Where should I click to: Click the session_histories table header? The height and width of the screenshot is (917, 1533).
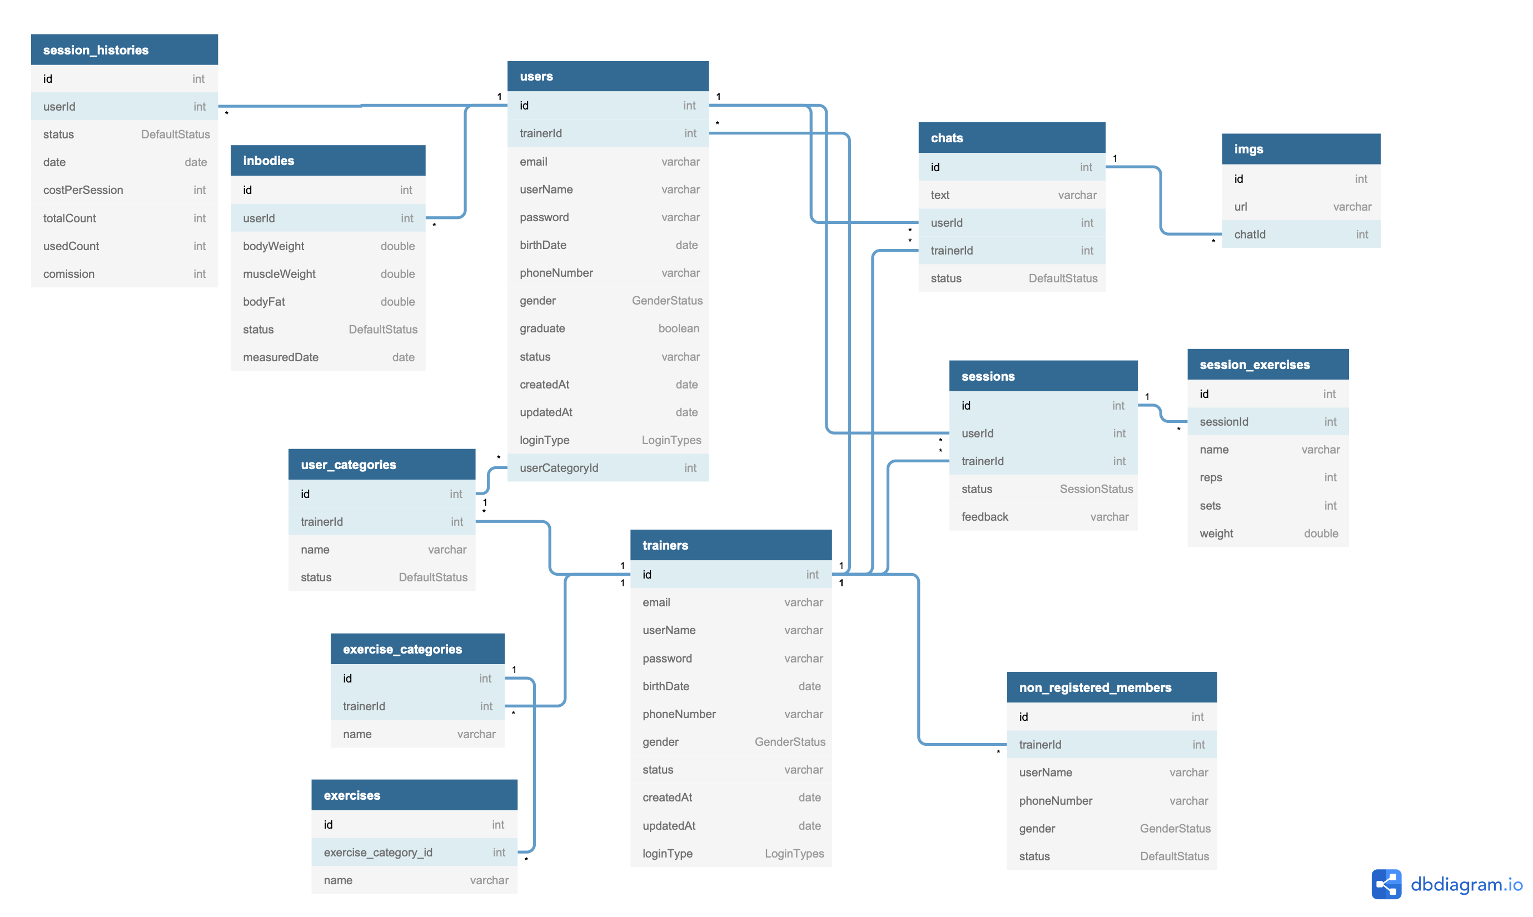click(124, 49)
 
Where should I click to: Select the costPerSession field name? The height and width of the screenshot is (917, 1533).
click(83, 190)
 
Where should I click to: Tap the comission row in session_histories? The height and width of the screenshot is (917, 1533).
click(124, 274)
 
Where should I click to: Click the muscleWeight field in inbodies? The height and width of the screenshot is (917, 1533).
click(327, 274)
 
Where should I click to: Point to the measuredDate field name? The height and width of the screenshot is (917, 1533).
click(281, 357)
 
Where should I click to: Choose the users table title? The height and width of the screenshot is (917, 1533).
click(536, 76)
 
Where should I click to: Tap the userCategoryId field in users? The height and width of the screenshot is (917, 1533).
click(608, 468)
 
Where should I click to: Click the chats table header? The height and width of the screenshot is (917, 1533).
click(1012, 137)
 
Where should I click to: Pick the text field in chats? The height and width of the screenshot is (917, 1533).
click(1012, 195)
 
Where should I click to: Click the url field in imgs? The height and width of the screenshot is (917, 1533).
click(1301, 206)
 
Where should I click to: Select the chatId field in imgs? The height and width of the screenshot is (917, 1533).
click(1301, 234)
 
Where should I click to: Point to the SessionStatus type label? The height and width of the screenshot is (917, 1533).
click(1096, 489)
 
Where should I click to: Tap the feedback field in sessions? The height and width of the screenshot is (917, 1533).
click(1043, 517)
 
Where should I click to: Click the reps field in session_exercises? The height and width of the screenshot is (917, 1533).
click(1267, 477)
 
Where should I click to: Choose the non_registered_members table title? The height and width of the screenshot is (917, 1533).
click(1095, 687)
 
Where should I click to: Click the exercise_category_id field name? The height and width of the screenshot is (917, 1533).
click(377, 852)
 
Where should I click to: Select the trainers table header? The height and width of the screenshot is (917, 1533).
click(730, 545)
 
